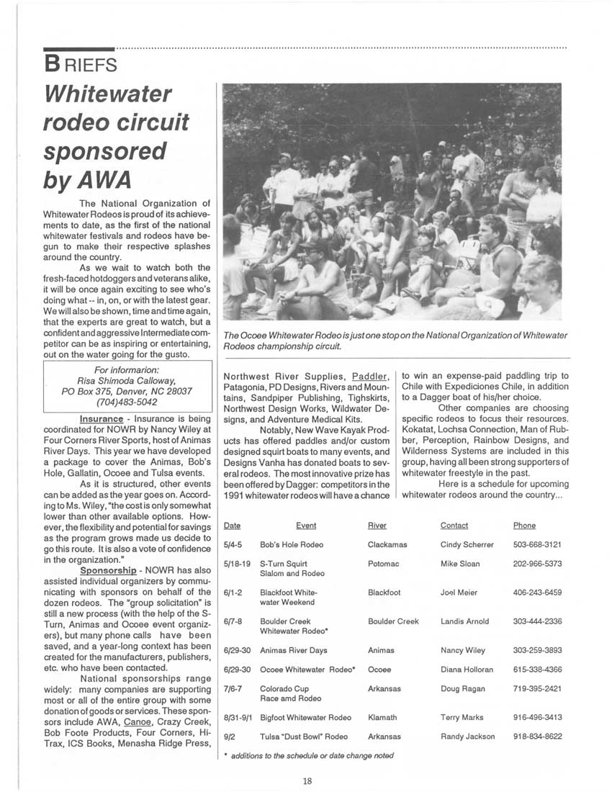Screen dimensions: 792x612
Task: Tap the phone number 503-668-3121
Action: point(537,545)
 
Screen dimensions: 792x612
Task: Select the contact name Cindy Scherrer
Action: point(467,545)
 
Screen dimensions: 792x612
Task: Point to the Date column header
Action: point(232,526)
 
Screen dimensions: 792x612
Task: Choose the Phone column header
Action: point(524,526)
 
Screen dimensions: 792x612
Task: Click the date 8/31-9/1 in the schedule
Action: point(237,717)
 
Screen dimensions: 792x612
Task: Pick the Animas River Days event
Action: point(293,650)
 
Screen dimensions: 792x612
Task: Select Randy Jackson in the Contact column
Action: point(467,737)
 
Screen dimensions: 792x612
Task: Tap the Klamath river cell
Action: point(382,717)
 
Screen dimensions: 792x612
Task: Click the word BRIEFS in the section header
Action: point(80,64)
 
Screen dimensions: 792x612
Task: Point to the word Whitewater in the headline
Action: point(108,94)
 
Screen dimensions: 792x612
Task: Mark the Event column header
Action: point(306,526)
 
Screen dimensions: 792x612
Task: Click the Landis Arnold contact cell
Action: point(464,621)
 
